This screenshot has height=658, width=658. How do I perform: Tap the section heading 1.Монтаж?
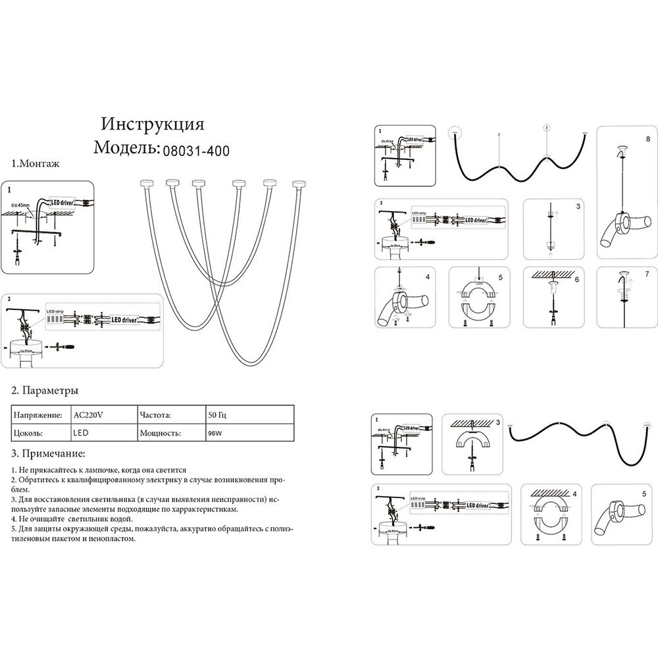pyautogui.click(x=36, y=164)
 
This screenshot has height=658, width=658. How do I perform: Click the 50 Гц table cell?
pyautogui.click(x=218, y=416)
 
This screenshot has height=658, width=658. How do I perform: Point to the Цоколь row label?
pyautogui.click(x=28, y=434)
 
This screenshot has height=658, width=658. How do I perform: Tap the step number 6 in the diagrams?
pyautogui.click(x=576, y=279)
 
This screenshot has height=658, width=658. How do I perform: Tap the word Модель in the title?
pyautogui.click(x=127, y=148)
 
